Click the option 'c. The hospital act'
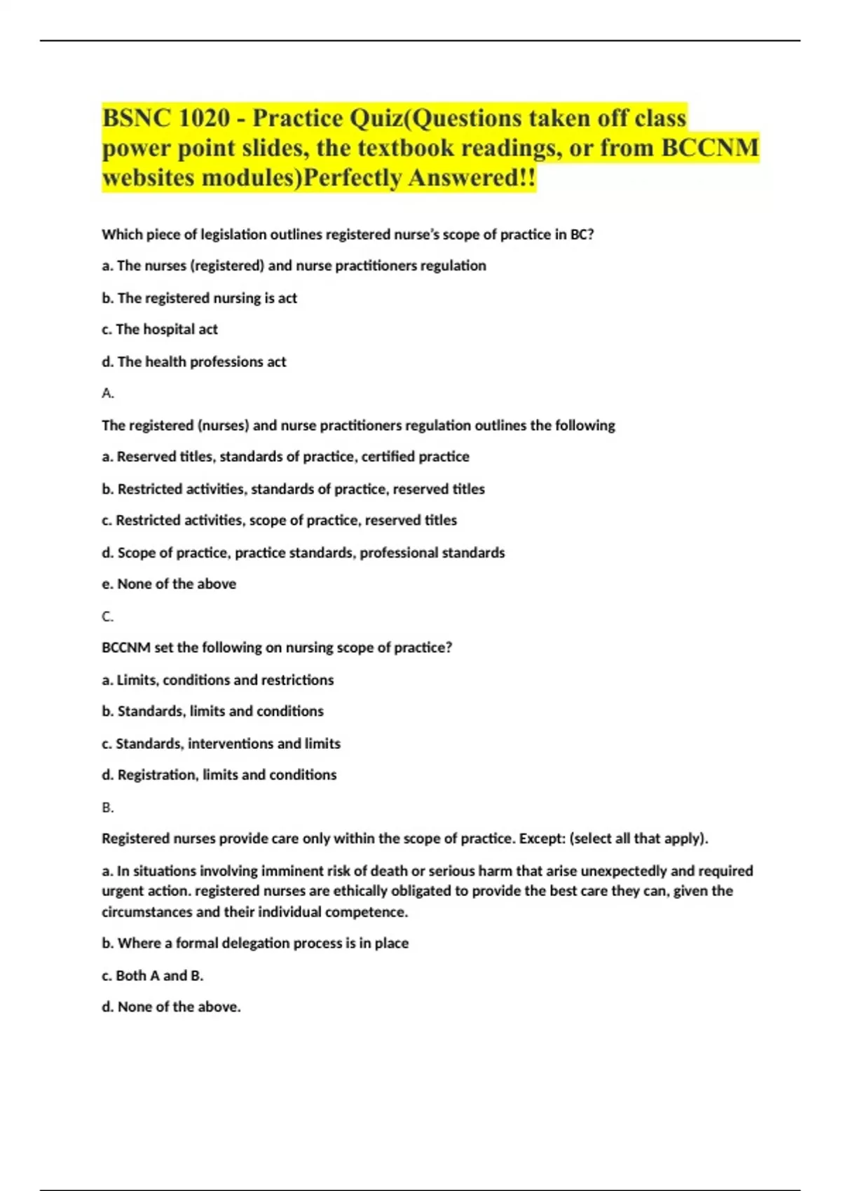160,329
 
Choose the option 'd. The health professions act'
194,362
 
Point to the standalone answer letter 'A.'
108,393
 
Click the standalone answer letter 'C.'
108,617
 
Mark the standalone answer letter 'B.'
108,807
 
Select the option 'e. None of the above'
169,584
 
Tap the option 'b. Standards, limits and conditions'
212,711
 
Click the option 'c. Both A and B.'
153,975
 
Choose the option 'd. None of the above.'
171,1007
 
